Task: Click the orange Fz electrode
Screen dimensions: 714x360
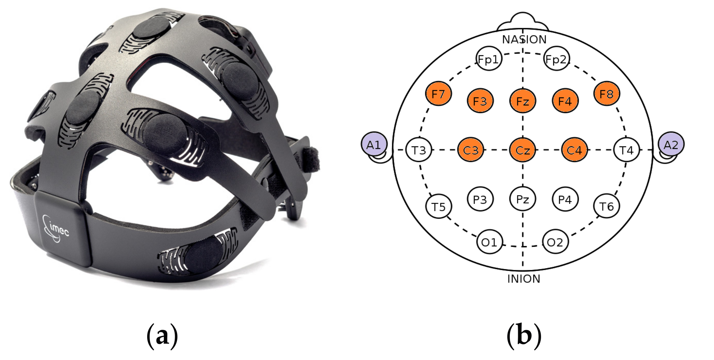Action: [x=523, y=101]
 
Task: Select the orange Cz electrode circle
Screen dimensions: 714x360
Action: [x=523, y=150]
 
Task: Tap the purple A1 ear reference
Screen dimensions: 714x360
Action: [x=374, y=144]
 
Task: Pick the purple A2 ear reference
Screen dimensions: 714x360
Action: [x=671, y=144]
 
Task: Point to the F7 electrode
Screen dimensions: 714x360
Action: [x=438, y=94]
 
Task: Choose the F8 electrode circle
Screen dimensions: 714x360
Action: [x=606, y=94]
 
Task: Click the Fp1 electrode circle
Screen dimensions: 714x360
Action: [x=489, y=59]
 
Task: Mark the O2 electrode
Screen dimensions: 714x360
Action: [x=555, y=242]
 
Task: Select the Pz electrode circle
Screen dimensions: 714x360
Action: [x=523, y=199]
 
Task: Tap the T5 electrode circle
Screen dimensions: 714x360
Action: [x=438, y=207]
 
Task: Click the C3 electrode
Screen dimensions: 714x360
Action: [x=471, y=150]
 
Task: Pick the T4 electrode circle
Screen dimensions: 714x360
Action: [x=626, y=150]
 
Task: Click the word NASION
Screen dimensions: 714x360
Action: [x=524, y=40]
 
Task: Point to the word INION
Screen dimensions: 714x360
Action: [x=524, y=279]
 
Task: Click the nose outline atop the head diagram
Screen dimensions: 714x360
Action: [x=523, y=22]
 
